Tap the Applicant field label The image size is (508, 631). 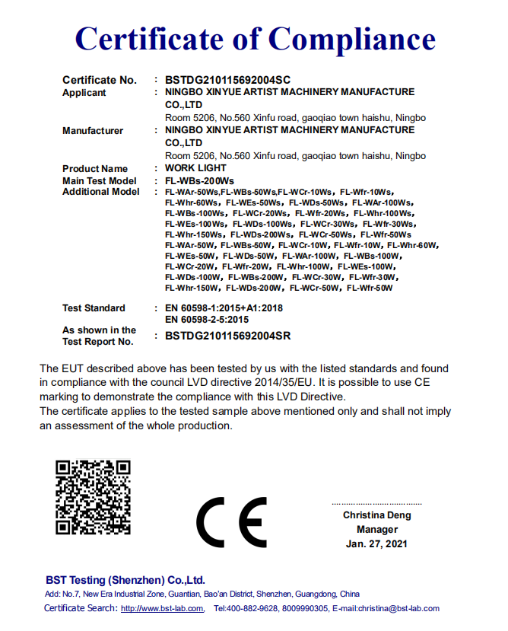[84, 93]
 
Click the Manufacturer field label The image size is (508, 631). [93, 131]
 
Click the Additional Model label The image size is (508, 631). [101, 192]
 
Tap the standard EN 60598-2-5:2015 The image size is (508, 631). [207, 320]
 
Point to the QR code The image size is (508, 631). [93, 497]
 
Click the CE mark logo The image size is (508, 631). [231, 522]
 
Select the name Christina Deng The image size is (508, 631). [377, 515]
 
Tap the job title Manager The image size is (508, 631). [377, 529]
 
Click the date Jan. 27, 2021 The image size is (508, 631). [377, 543]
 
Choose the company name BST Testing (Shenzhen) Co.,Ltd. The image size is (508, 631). [125, 579]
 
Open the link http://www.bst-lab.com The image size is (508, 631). [163, 608]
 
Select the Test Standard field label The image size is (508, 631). [94, 308]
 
